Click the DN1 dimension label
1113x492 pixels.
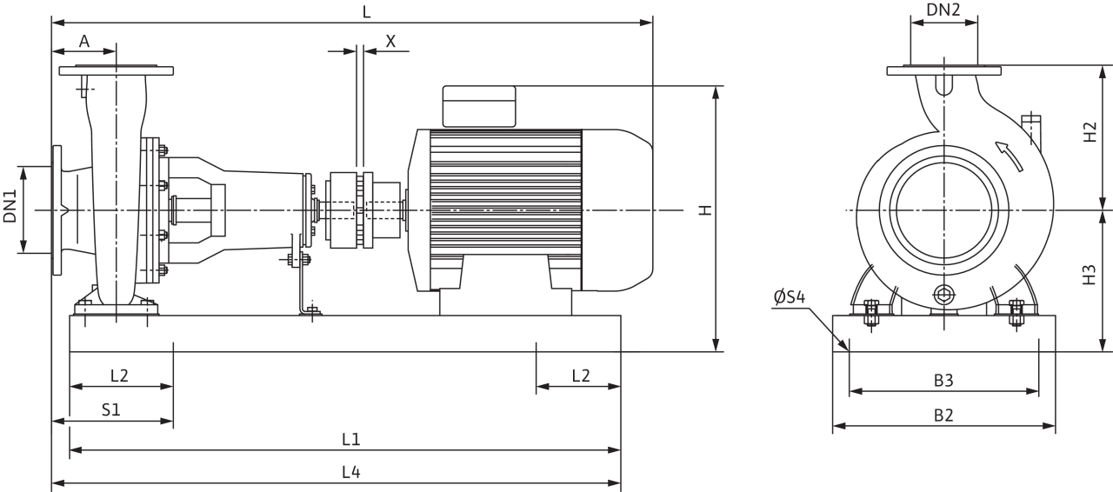[10, 206]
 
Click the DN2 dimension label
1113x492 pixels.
[943, 10]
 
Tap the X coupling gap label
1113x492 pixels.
[390, 41]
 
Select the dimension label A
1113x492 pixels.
[84, 41]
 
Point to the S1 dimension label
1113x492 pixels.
[111, 410]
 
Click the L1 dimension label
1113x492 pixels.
[350, 439]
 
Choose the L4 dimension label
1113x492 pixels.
[350, 472]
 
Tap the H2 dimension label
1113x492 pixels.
[1090, 132]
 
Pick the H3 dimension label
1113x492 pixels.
[1090, 275]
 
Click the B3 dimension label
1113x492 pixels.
[943, 381]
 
